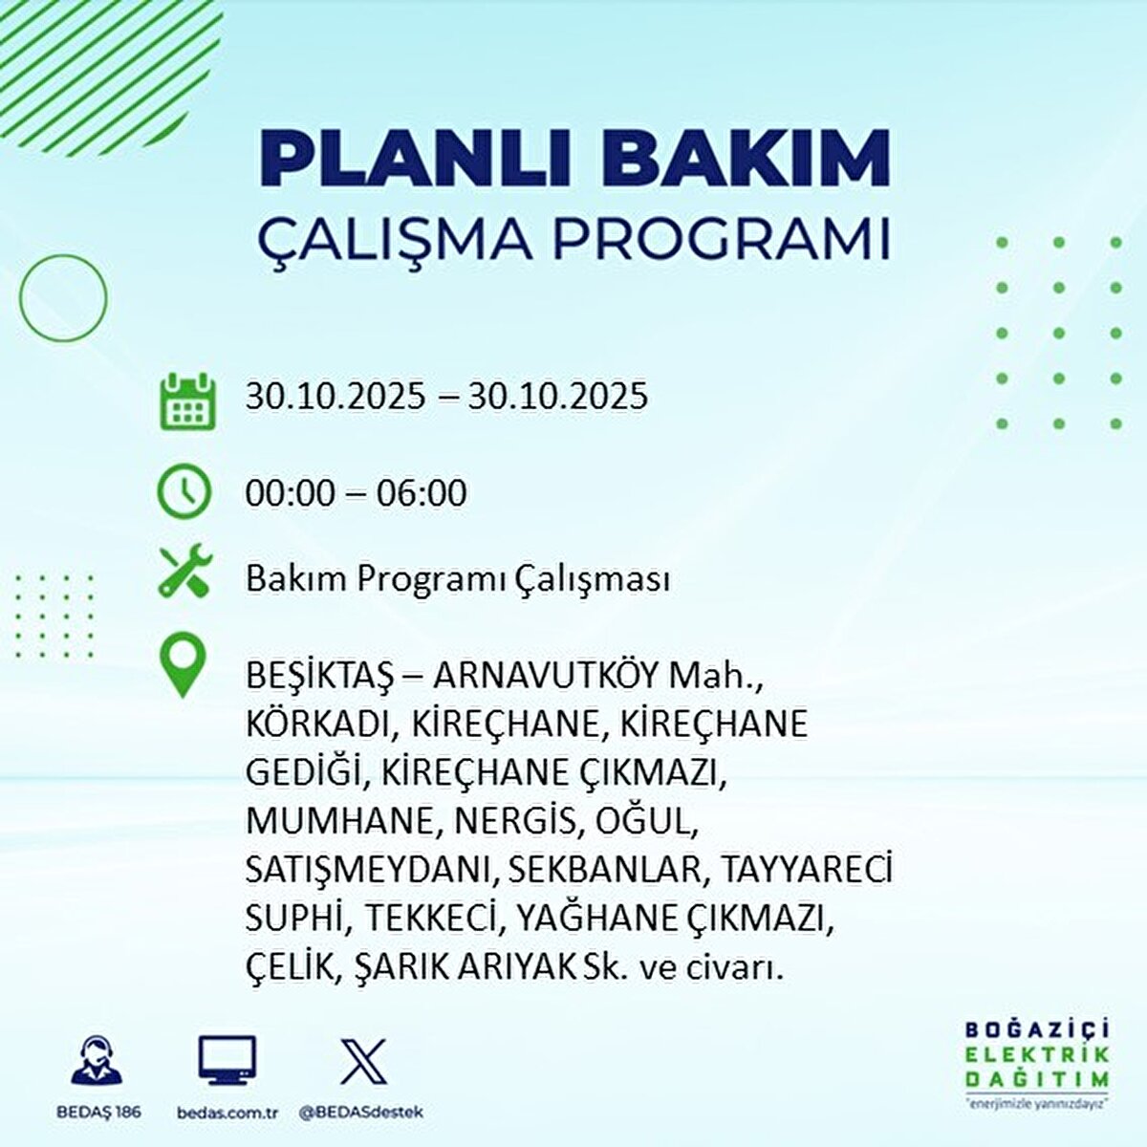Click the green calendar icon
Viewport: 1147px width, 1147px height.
185,400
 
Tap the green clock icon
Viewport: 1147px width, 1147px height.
184,491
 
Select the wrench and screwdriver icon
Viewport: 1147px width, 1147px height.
184,573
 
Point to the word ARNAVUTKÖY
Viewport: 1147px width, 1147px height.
546,676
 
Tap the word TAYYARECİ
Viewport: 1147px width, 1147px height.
807,871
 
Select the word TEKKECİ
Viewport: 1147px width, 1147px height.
434,920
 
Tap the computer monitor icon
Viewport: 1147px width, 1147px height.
227,1060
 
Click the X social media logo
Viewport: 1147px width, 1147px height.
364,1060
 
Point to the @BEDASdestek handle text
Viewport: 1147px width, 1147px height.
360,1113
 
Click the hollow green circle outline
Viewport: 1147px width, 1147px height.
63,298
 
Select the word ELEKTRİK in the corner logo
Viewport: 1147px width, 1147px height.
1038,1054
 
